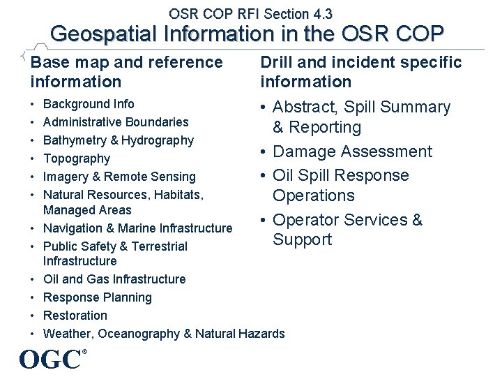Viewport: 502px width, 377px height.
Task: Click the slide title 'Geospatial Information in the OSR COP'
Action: coord(247,34)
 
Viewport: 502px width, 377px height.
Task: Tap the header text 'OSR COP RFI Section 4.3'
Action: coord(250,13)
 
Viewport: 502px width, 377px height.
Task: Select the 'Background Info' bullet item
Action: coord(89,104)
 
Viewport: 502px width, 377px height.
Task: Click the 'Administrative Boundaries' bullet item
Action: coord(116,122)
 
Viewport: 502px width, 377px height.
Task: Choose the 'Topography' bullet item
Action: coord(77,158)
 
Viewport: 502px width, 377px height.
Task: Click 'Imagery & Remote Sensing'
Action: coord(119,177)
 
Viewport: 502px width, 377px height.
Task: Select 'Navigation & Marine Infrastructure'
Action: coord(137,228)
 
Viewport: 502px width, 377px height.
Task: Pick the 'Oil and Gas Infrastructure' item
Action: coord(114,279)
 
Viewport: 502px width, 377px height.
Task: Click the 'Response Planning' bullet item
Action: coord(97,297)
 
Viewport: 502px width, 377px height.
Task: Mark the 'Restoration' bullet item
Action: coord(75,316)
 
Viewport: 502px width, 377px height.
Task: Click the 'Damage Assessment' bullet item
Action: coord(352,151)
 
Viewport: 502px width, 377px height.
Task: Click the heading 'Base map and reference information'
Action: coord(126,72)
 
